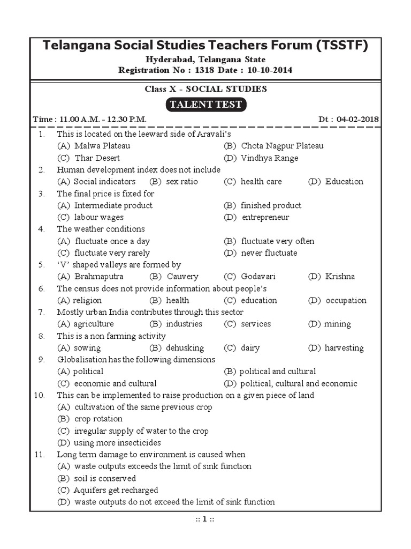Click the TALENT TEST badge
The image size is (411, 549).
[x=205, y=105]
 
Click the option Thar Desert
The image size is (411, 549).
[x=97, y=158]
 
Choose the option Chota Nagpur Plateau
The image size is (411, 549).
[x=282, y=146]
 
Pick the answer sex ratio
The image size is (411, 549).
[x=181, y=181]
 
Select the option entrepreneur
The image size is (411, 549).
[x=265, y=217]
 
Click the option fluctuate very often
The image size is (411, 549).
[x=277, y=241]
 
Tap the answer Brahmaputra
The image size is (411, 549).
[x=98, y=277]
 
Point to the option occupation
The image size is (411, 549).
[x=346, y=300]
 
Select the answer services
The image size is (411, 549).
[x=256, y=324]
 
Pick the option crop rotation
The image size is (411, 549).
[x=98, y=419]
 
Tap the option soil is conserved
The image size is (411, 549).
[x=105, y=478]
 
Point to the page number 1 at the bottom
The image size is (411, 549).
[x=205, y=519]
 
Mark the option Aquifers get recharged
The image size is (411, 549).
[x=116, y=490]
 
